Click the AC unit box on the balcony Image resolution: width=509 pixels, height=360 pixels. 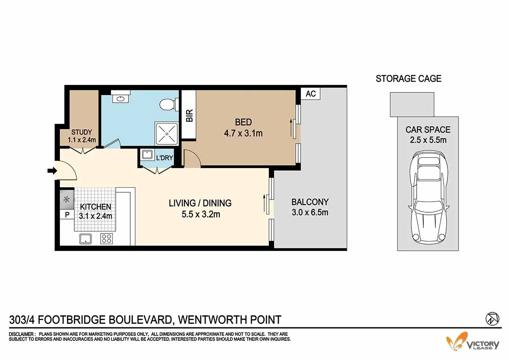point(310,94)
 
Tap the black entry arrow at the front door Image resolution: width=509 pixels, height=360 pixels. point(52,171)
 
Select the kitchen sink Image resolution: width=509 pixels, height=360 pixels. point(85,239)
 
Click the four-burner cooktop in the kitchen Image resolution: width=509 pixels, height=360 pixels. point(106,239)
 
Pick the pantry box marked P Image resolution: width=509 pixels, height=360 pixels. point(67,215)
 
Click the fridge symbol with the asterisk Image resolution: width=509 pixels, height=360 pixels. point(67,200)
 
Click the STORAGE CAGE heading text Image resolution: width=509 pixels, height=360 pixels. point(408,79)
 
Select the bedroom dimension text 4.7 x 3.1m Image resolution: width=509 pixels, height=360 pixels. point(243,133)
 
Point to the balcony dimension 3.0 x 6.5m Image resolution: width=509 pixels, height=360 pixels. point(310,212)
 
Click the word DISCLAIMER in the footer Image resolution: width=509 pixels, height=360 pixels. point(22,334)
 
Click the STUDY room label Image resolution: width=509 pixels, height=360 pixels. point(81,132)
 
